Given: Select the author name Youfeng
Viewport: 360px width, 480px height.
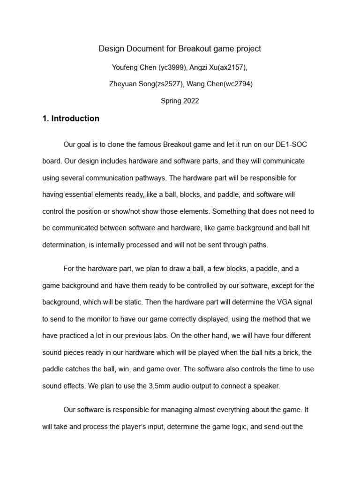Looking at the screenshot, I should (126, 67).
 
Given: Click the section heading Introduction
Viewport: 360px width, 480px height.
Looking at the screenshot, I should (75, 119).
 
